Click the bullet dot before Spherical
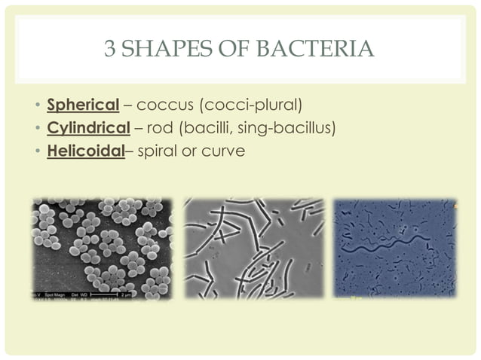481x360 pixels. pyautogui.click(x=38, y=103)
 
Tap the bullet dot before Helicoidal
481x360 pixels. pyautogui.click(x=38, y=151)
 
